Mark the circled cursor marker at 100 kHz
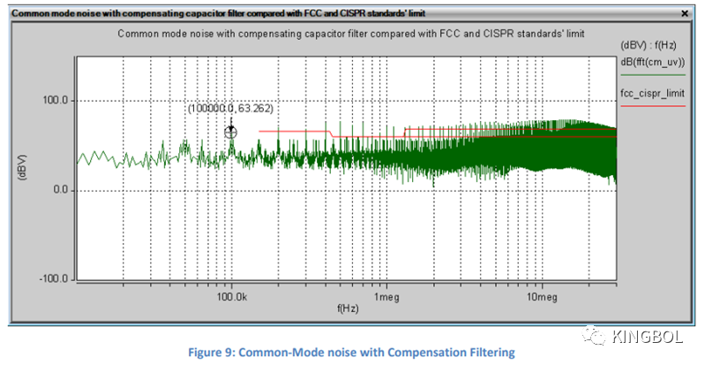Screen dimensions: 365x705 click(232, 132)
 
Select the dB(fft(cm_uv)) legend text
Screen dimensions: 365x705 click(653, 62)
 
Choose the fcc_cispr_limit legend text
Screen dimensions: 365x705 click(652, 93)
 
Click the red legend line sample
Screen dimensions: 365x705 click(652, 106)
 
